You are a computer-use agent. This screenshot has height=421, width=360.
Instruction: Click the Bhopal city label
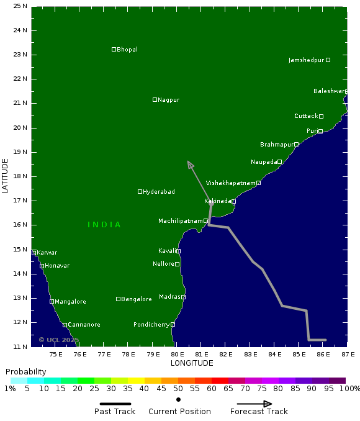(x=127, y=50)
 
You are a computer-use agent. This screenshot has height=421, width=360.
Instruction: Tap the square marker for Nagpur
(x=155, y=100)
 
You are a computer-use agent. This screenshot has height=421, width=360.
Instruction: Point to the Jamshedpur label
(x=307, y=60)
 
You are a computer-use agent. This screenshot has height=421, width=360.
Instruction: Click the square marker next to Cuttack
(x=321, y=116)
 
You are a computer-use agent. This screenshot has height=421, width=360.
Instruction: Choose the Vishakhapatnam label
(x=231, y=183)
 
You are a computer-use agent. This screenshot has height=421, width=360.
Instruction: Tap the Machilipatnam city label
(x=181, y=221)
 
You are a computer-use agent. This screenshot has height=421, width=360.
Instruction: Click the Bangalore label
(x=137, y=299)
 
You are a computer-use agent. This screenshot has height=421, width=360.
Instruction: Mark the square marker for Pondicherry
(x=173, y=324)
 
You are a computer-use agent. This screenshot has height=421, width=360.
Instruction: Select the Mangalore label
(x=70, y=302)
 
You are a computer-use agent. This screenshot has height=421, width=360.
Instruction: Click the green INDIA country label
(x=104, y=225)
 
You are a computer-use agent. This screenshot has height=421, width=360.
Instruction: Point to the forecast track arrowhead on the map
(x=190, y=165)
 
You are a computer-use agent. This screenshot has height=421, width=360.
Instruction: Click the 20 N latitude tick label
(x=20, y=128)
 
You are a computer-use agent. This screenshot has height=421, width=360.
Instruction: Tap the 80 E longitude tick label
(x=177, y=355)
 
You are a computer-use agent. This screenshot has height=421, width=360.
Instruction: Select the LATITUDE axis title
(x=6, y=176)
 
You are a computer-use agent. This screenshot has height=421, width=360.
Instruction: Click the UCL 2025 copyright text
(x=59, y=340)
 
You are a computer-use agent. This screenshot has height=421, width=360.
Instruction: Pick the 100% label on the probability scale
(x=350, y=389)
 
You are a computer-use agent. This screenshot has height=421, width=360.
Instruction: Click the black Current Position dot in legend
(x=178, y=399)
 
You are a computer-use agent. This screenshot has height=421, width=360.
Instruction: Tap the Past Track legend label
(x=115, y=412)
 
